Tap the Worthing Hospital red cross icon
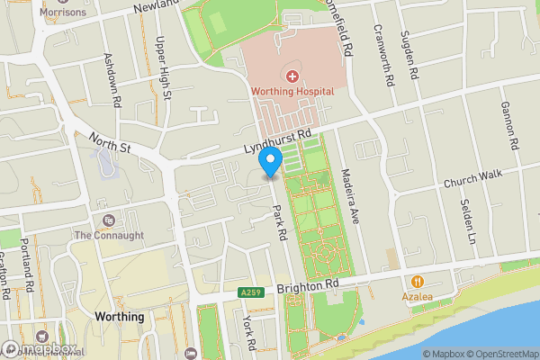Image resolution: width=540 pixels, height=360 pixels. click(292, 75)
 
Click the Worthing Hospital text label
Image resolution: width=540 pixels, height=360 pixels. click(292, 92)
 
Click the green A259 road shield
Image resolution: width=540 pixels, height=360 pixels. click(253, 292)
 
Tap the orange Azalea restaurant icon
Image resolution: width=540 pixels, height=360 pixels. click(418, 281)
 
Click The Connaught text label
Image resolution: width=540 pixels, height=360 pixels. click(109, 236)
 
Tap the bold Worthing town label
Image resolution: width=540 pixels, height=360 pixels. click(119, 317)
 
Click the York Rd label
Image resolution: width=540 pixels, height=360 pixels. click(249, 333)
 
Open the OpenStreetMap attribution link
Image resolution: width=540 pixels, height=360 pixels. click(500, 354)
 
